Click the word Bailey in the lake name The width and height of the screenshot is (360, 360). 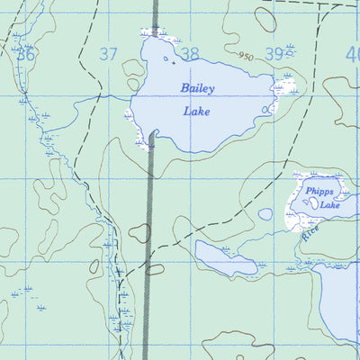pos(198,88)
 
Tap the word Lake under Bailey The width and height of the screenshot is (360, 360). pos(197,112)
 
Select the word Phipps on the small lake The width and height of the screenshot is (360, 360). pos(319,192)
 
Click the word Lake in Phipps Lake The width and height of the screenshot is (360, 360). pos(330,205)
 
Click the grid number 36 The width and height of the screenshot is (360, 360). pos(26,55)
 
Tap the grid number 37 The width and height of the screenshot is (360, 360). pos(108,55)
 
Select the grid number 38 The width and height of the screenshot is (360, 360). pos(189,55)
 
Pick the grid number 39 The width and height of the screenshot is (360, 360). pos(274,55)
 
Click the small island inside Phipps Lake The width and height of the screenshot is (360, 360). pos(311,203)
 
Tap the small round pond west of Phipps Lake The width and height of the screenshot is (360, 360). pos(265,214)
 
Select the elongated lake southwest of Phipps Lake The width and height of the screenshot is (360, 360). pos(225,257)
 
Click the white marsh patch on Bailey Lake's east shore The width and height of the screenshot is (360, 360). pos(286,86)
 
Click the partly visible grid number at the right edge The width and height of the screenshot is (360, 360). pos(353,55)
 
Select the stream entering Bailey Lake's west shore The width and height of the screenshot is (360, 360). pos(112,94)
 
